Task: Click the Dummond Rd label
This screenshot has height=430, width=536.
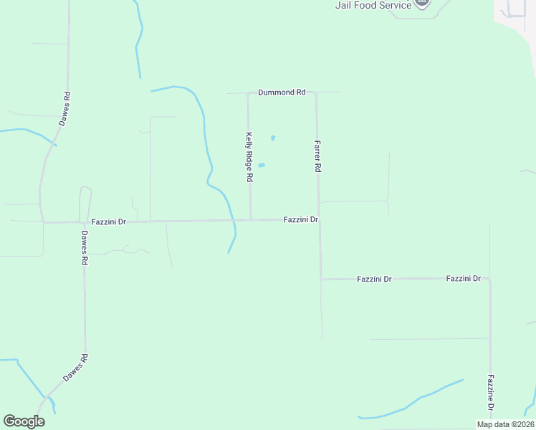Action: (282, 92)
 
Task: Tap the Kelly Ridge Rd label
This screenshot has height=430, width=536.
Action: (249, 156)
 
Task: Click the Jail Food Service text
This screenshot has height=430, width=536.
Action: (373, 5)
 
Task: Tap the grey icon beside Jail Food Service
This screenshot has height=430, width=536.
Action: (423, 4)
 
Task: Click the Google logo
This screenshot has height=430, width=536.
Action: (24, 421)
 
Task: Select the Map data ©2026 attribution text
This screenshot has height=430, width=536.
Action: (504, 424)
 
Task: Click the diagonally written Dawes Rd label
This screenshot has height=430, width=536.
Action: (75, 368)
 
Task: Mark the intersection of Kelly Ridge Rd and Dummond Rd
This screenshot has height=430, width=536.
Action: (248, 93)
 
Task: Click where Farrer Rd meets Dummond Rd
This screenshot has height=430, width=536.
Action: (317, 92)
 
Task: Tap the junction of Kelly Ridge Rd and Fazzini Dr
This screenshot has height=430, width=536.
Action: (251, 220)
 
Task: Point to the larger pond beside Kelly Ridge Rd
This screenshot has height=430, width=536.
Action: (262, 165)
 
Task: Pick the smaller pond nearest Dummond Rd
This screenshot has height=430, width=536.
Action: (273, 138)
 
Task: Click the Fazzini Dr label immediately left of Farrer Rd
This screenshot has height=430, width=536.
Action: (300, 220)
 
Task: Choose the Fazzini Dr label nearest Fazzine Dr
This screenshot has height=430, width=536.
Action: (463, 278)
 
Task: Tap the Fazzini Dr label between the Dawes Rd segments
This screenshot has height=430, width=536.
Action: (109, 222)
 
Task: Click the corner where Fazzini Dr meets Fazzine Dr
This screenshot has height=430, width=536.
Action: (490, 279)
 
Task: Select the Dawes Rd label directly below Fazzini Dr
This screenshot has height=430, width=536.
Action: (84, 248)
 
